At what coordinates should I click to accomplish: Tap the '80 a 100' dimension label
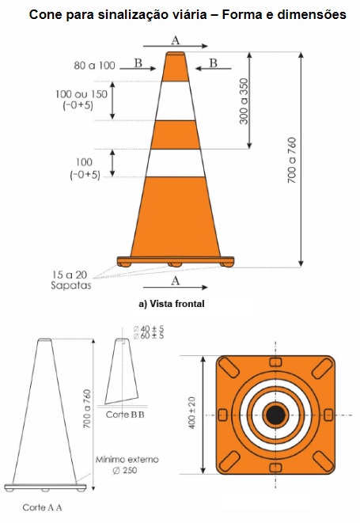pos(94,66)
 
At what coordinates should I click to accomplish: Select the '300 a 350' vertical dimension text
pos(244,101)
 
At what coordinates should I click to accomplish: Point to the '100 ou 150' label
pos(81,94)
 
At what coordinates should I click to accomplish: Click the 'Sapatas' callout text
pos(70,286)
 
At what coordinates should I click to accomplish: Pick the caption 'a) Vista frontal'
pos(172,304)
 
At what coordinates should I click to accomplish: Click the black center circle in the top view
pos(275,415)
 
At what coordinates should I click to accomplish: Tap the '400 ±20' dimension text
pos(191,412)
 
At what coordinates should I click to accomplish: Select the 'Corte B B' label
pos(125,415)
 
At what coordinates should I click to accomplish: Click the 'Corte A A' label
pos(43,507)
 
